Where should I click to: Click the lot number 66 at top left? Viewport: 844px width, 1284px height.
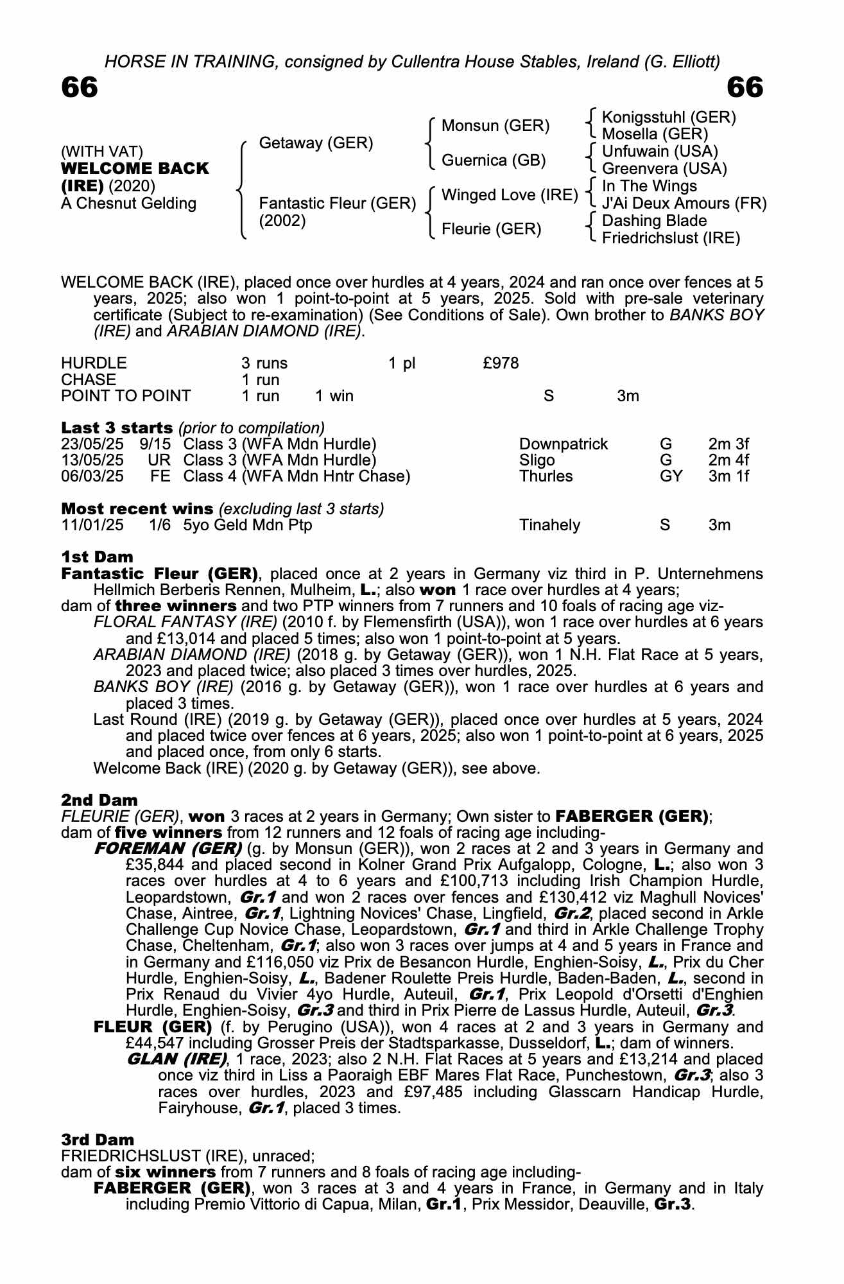pos(80,88)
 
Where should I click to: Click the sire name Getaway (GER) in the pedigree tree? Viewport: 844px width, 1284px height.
pos(316,143)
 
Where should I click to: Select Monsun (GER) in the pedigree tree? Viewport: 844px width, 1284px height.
pos(495,126)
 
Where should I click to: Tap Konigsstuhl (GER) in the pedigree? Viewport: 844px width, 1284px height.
pos(669,117)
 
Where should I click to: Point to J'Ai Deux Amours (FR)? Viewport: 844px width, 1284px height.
pos(684,204)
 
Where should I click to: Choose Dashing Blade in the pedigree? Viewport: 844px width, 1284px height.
pos(654,221)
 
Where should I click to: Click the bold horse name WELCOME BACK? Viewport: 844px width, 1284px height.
pos(135,169)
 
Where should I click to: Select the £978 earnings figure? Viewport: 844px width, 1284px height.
pos(501,363)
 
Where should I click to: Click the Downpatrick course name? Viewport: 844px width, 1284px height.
pos(563,444)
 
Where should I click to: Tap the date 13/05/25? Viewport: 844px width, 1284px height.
pos(92,460)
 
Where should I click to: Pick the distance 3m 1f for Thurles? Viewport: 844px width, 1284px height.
pos(728,476)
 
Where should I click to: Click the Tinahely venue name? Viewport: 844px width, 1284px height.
pos(549,525)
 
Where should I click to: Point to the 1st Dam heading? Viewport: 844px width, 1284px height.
pos(97,557)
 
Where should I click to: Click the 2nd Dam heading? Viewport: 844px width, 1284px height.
pos(99,800)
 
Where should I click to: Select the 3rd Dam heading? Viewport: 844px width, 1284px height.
pos(98,1140)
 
